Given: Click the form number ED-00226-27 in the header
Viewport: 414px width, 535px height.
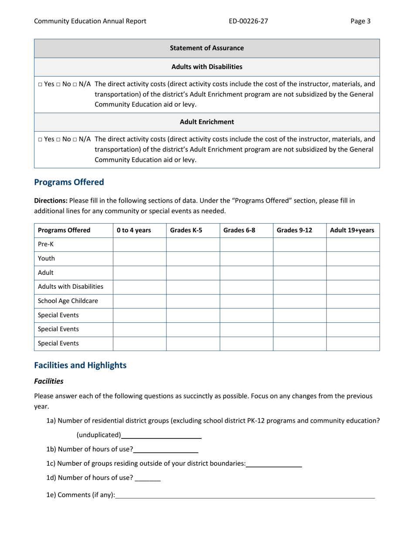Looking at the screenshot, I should tap(248, 21).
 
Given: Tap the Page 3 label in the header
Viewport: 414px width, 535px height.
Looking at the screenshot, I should tap(360, 21).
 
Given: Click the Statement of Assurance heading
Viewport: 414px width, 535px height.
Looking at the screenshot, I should tap(207, 48).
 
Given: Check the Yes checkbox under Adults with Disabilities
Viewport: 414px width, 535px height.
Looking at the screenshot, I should tap(40, 84).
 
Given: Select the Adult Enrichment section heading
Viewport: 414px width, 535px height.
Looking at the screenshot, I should tap(207, 122).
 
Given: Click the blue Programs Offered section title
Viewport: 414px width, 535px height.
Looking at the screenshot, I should tap(69, 182).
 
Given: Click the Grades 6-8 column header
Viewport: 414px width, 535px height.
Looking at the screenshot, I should tap(239, 231).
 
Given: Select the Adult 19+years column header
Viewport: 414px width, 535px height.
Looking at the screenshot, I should tap(352, 231).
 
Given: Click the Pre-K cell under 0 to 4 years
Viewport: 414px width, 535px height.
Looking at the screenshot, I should tap(139, 245).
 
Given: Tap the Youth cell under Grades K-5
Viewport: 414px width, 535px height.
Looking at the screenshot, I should tap(193, 259).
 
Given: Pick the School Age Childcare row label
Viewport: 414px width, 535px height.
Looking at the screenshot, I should tap(68, 301).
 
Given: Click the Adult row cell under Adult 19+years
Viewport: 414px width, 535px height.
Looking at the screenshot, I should tap(353, 273).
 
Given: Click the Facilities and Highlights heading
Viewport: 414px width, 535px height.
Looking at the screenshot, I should tap(80, 365).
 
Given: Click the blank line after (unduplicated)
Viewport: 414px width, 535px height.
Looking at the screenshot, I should tap(161, 435).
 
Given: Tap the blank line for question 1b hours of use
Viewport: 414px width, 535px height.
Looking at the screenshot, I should tap(166, 449).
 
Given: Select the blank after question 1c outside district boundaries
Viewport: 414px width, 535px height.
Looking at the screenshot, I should tap(274, 464).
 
